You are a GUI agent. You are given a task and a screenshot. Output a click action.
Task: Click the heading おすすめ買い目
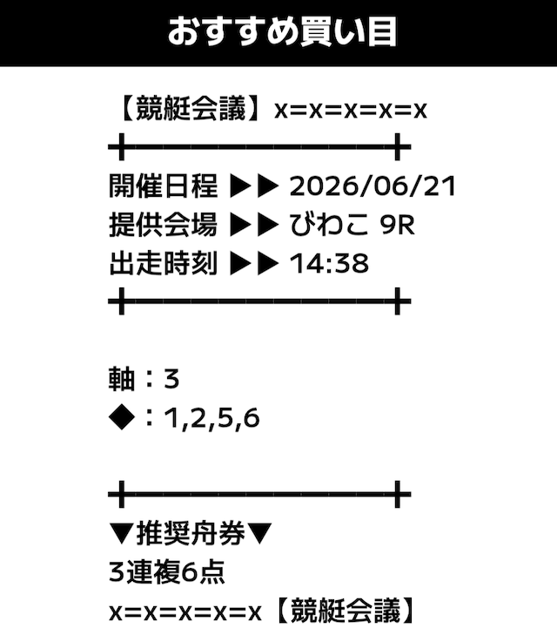click(x=282, y=32)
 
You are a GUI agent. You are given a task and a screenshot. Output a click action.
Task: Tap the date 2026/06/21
click(x=372, y=186)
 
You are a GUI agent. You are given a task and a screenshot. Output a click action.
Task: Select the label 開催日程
click(x=163, y=186)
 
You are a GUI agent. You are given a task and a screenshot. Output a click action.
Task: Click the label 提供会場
click(x=163, y=225)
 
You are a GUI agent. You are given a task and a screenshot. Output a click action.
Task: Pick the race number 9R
click(x=397, y=226)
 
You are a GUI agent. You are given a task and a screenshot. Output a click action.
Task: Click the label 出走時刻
click(x=163, y=263)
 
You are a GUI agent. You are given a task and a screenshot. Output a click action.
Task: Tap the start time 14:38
click(x=329, y=263)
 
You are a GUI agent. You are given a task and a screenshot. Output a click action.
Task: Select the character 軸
click(x=122, y=379)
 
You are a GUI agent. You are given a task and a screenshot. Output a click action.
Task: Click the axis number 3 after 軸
click(x=171, y=379)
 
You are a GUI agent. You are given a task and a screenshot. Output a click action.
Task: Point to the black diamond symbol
click(x=122, y=417)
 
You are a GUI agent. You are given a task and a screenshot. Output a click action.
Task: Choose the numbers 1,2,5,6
click(x=211, y=418)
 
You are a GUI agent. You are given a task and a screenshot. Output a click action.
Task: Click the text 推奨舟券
click(x=191, y=533)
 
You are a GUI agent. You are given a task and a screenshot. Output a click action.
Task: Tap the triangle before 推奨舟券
click(x=122, y=533)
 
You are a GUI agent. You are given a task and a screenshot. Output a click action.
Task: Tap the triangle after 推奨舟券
click(x=259, y=533)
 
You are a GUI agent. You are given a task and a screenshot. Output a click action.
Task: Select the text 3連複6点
click(x=167, y=572)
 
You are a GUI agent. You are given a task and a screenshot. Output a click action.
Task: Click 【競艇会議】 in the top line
click(x=191, y=109)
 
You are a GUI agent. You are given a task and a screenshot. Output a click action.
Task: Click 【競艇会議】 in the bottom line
click(x=346, y=611)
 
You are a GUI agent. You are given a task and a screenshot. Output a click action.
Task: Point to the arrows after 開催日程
click(x=254, y=186)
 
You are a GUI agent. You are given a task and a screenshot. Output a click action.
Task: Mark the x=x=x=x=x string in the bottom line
click(x=185, y=612)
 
